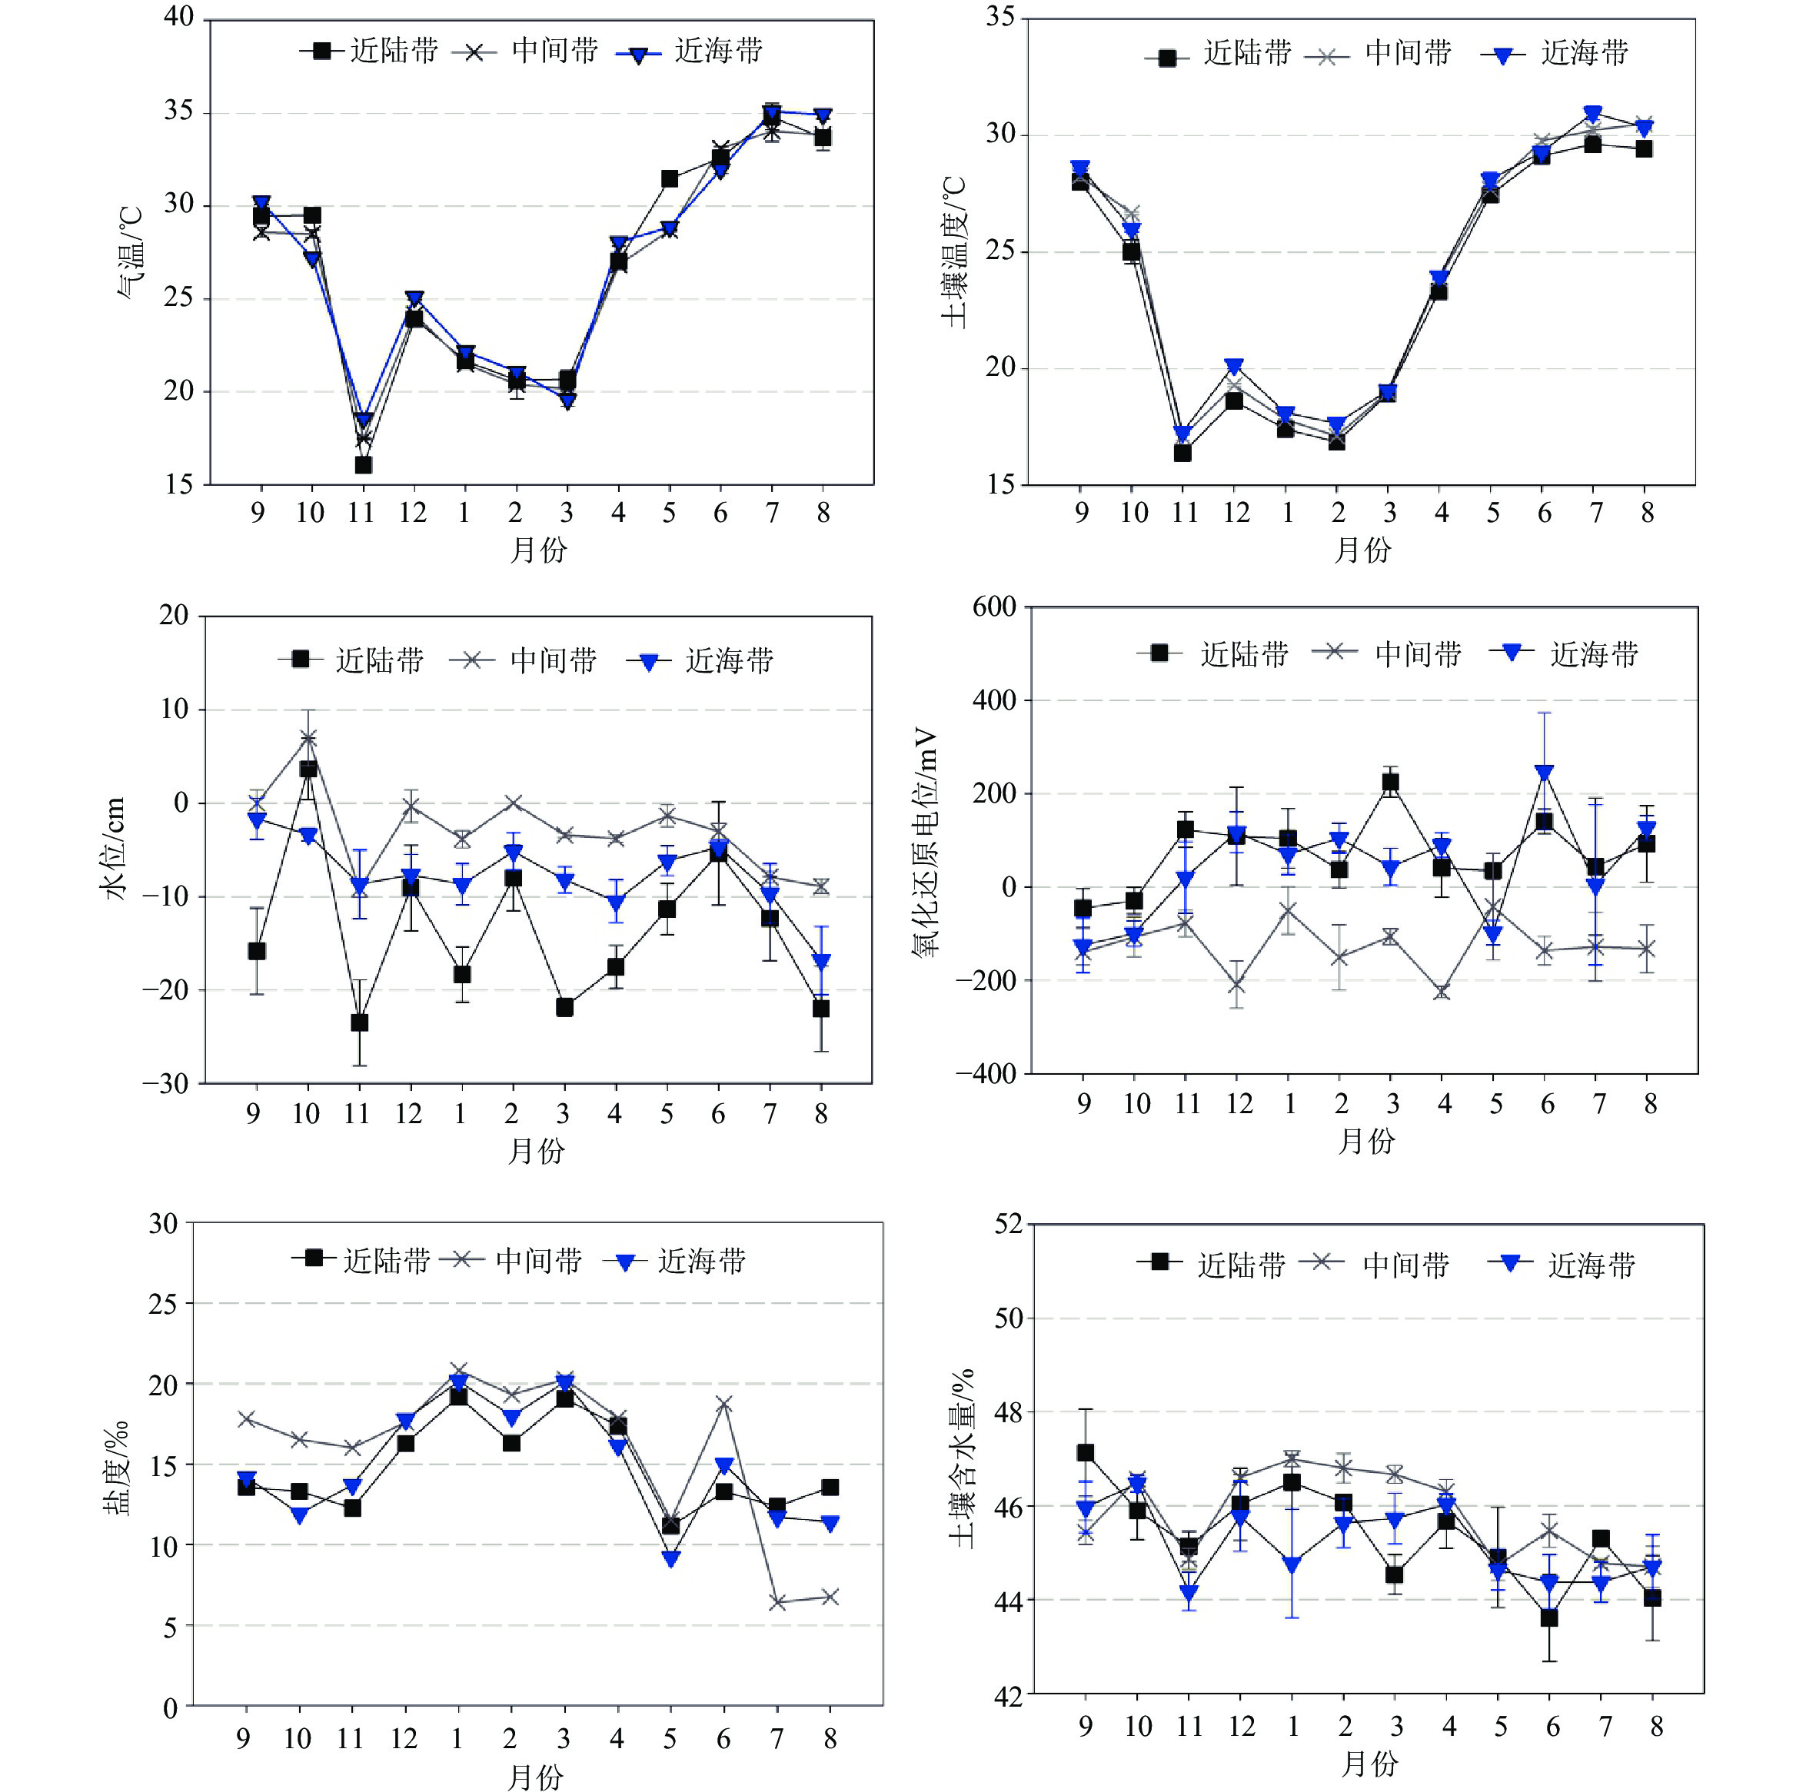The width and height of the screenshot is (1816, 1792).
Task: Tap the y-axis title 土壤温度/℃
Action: [x=953, y=252]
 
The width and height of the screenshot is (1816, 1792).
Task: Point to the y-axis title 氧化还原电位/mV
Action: [x=926, y=841]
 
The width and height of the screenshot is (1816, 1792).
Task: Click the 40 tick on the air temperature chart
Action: [x=178, y=18]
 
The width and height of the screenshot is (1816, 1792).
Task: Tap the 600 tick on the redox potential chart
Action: [x=994, y=607]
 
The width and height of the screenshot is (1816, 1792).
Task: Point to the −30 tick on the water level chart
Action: [x=165, y=1083]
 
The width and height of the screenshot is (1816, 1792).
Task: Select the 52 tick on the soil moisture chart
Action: [x=1009, y=1223]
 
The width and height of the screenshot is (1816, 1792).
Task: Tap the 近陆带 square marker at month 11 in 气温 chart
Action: [x=363, y=465]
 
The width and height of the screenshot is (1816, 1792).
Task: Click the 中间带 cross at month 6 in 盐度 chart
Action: [x=723, y=1405]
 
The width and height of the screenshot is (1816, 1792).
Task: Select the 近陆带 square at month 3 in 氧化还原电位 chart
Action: [x=1390, y=783]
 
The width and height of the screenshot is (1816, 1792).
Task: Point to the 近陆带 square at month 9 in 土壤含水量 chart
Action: [x=1086, y=1453]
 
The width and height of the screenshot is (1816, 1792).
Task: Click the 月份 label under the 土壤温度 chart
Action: [x=1362, y=550]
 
